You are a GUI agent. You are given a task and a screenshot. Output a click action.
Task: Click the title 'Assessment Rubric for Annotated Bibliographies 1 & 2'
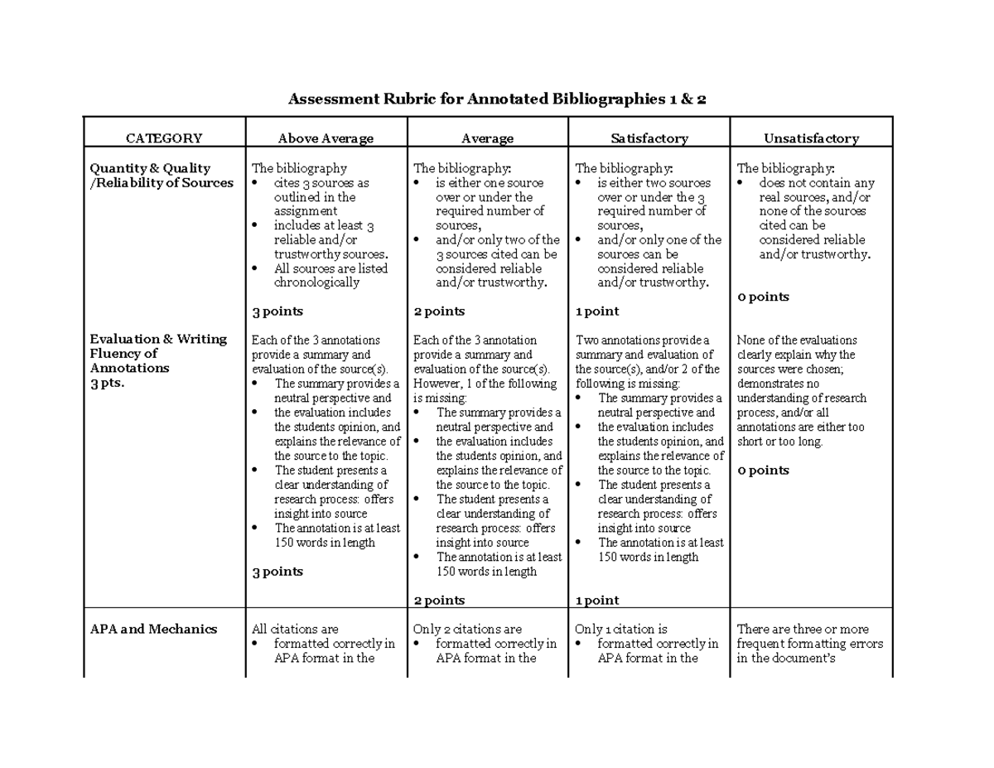[x=497, y=100]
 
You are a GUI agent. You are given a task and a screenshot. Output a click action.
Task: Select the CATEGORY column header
[x=163, y=138]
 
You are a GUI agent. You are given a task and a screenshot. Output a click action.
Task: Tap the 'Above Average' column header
[x=326, y=138]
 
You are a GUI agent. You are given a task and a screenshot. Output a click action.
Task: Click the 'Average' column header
[x=487, y=138]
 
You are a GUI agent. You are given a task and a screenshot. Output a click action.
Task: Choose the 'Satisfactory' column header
[x=649, y=138]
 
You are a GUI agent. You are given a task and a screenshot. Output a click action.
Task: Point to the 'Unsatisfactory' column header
[x=811, y=138]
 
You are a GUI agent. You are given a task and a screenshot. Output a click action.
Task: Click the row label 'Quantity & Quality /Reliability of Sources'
[x=162, y=176]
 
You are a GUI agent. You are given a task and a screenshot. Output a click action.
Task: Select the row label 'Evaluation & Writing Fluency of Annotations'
[x=157, y=354]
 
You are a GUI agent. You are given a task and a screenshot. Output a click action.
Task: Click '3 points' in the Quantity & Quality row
[x=277, y=312]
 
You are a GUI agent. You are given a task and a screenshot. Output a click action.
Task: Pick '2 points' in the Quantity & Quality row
[x=439, y=312]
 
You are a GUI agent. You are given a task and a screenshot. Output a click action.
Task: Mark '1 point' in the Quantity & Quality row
[x=597, y=312]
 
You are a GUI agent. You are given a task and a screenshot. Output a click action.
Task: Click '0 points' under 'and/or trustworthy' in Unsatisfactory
[x=763, y=297]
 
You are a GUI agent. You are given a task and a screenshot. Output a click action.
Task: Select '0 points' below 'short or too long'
[x=763, y=471]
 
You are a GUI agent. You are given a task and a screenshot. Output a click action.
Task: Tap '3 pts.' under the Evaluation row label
[x=107, y=383]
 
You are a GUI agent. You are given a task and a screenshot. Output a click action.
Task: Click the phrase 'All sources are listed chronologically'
[x=330, y=275]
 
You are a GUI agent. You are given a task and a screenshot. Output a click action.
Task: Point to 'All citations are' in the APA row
[x=295, y=629]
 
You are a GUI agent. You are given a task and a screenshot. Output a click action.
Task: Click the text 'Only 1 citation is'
[x=621, y=629]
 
